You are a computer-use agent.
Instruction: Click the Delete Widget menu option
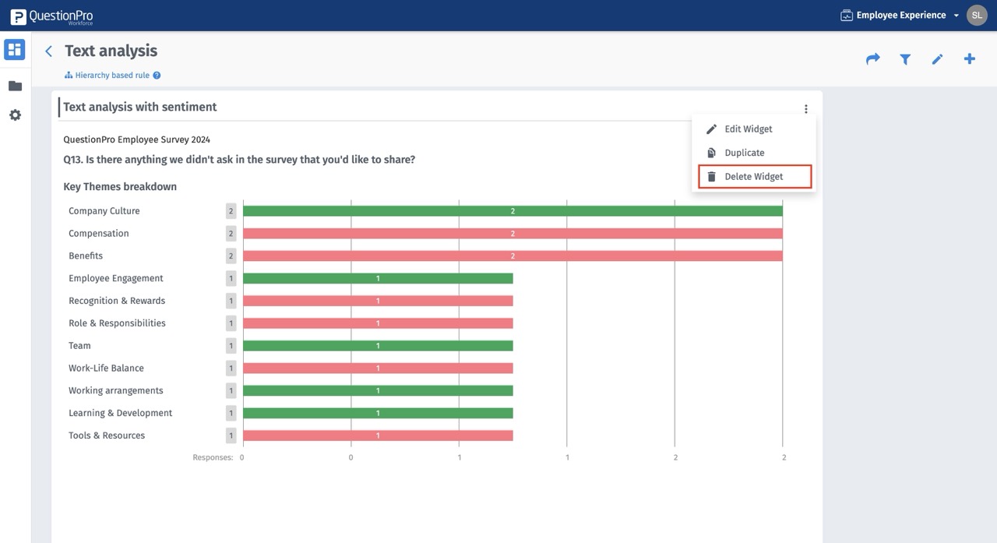click(x=754, y=177)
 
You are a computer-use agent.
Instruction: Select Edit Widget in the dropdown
click(x=748, y=129)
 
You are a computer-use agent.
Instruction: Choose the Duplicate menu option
click(x=744, y=153)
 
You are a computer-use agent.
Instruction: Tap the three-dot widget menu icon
click(x=806, y=109)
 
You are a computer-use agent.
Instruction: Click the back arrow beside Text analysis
click(x=49, y=51)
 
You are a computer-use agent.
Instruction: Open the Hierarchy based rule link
click(x=112, y=76)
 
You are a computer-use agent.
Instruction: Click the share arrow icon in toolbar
click(x=873, y=59)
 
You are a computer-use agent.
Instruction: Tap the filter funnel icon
click(x=905, y=59)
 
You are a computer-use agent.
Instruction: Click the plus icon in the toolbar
click(x=970, y=59)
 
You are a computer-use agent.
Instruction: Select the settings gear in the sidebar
click(x=15, y=115)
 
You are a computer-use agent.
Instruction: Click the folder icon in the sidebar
click(x=15, y=86)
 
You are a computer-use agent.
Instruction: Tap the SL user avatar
click(x=977, y=15)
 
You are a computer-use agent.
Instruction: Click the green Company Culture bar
click(x=513, y=211)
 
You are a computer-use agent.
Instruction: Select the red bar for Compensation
click(x=513, y=234)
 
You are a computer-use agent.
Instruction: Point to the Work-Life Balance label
click(x=106, y=368)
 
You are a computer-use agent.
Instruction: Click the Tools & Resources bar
click(x=378, y=435)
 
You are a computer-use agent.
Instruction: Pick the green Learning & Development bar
click(x=378, y=413)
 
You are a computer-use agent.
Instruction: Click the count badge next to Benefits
click(x=231, y=256)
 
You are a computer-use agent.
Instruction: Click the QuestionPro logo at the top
click(x=51, y=16)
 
